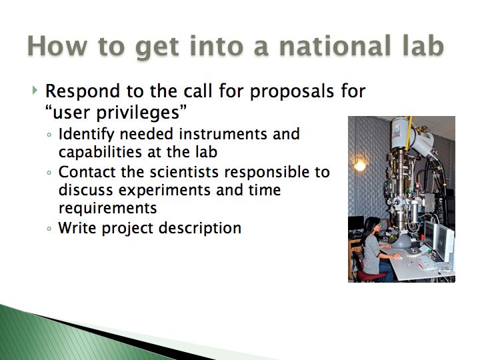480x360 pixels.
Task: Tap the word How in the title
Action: click(x=57, y=46)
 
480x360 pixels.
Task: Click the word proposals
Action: click(x=292, y=92)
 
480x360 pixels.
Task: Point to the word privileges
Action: click(x=138, y=113)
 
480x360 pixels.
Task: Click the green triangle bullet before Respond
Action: click(x=35, y=90)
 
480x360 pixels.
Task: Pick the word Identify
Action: click(x=87, y=135)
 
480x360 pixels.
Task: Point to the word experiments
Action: click(x=165, y=191)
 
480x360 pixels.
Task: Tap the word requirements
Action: click(x=108, y=209)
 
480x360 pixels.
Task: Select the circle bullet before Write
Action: click(x=49, y=229)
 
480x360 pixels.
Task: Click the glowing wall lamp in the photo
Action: click(x=360, y=165)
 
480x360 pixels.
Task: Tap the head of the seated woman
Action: click(x=372, y=225)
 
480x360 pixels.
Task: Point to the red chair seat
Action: click(x=371, y=275)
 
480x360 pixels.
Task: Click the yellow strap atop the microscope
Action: click(x=409, y=133)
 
